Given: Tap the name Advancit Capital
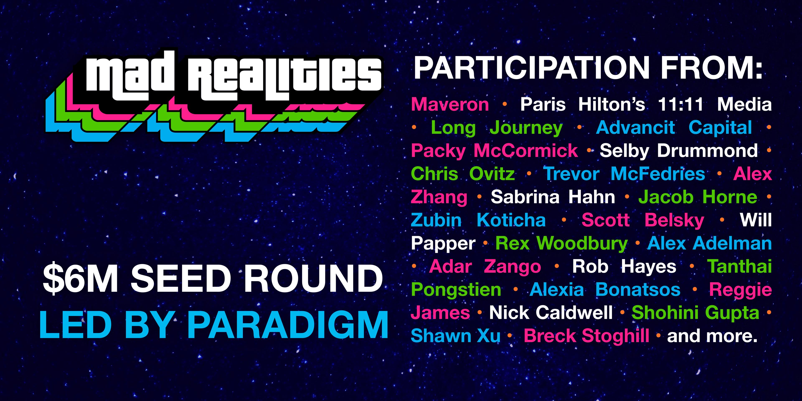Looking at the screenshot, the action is tap(674, 127).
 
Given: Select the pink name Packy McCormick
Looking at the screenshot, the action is tap(494, 151).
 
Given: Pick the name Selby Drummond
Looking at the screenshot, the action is tap(679, 151).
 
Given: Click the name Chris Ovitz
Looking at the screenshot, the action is tap(463, 174).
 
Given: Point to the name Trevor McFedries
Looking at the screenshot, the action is tap(624, 174).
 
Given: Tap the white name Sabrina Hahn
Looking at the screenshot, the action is tap(553, 197).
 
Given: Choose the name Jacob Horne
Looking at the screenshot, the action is tap(698, 197).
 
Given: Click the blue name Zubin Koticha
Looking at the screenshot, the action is tap(478, 220).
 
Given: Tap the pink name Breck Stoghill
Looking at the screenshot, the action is tap(586, 336).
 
